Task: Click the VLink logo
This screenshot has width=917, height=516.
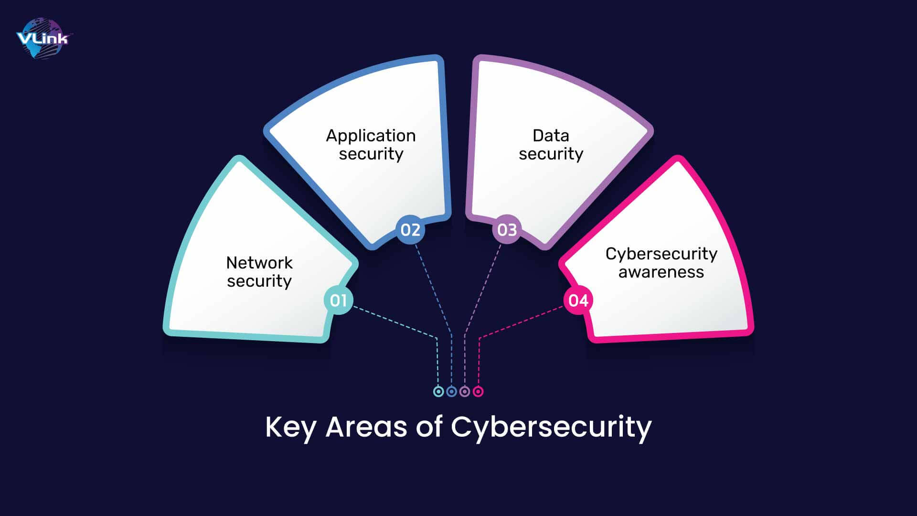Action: [x=43, y=38]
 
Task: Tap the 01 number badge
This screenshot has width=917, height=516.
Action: [x=338, y=301]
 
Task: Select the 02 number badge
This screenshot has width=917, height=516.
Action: [x=410, y=230]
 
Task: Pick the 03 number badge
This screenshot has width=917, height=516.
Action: [x=507, y=230]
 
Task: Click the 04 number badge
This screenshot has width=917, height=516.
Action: [x=578, y=301]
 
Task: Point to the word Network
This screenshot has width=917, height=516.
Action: [x=259, y=263]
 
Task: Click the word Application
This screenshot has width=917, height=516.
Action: [x=371, y=136]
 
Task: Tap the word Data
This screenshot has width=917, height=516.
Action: [x=551, y=136]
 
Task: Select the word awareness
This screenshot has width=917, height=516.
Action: [x=661, y=272]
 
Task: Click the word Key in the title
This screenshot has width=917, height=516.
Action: [x=290, y=427]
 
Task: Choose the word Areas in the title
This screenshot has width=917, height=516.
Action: [x=366, y=427]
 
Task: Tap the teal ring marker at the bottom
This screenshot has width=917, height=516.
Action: [x=438, y=392]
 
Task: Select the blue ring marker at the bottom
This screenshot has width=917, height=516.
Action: [x=452, y=392]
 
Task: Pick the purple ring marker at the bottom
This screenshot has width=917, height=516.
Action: [x=465, y=392]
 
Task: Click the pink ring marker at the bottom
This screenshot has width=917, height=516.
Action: [x=478, y=392]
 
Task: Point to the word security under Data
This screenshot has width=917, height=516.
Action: [x=551, y=154]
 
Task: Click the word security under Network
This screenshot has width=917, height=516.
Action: [x=259, y=281]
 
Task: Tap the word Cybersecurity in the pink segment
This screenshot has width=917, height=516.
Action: [x=661, y=254]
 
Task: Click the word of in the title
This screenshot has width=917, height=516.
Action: [x=429, y=427]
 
